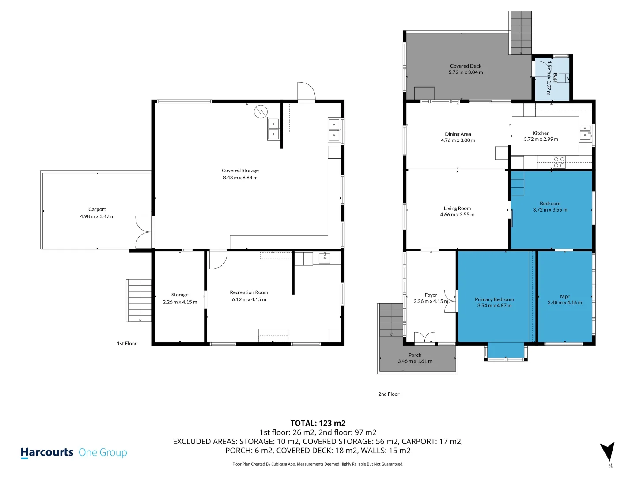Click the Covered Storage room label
240,170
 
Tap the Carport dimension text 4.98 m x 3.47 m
97,216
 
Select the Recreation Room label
249,292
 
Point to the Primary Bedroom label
494,299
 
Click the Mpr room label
564,296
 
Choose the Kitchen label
541,133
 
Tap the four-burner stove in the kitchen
559,162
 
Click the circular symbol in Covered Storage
261,111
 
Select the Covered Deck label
466,66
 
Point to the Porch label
415,355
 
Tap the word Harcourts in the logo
47,452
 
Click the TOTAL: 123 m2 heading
318,423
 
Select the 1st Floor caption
127,343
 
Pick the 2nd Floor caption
389,394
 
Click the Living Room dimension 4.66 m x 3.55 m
457,214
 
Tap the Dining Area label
458,134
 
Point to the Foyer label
431,295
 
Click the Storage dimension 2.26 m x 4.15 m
180,302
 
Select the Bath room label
555,78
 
